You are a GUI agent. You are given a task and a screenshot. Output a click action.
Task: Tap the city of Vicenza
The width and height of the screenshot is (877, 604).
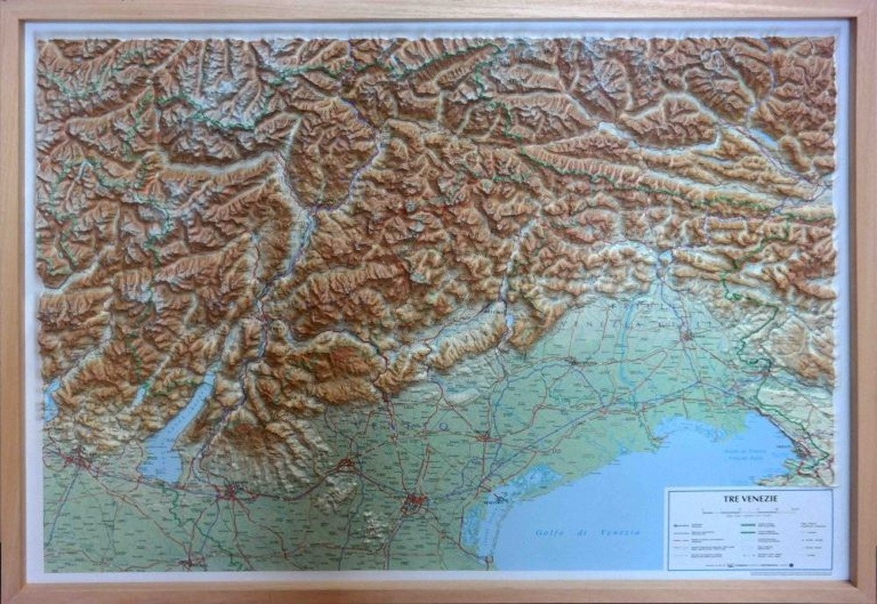click(347, 462)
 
